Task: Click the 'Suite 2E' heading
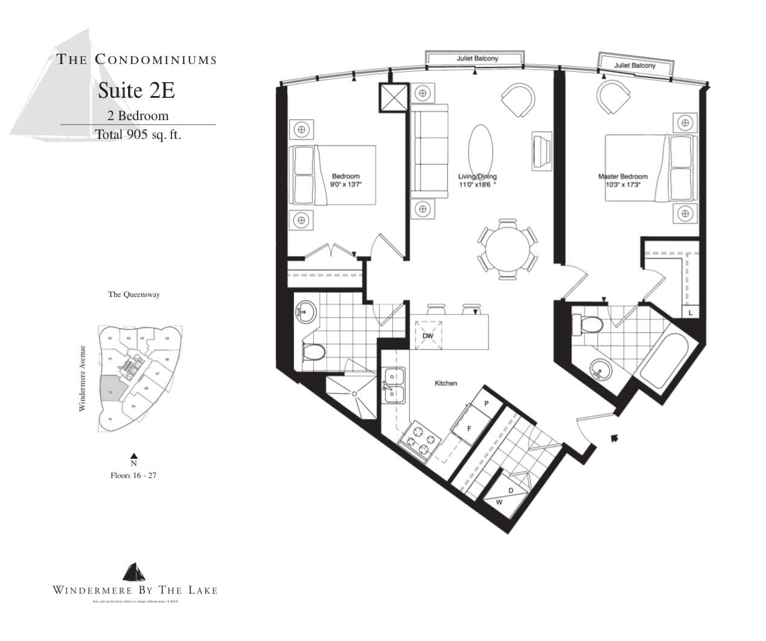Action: click(x=136, y=91)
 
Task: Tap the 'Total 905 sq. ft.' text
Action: click(x=138, y=135)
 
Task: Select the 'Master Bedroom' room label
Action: click(x=622, y=177)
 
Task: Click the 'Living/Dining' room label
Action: click(x=477, y=177)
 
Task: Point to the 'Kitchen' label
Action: click(x=445, y=383)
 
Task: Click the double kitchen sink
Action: click(x=393, y=386)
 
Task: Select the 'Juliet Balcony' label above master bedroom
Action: click(x=634, y=65)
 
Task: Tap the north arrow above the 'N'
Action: click(x=134, y=456)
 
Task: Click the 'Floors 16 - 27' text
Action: click(x=133, y=476)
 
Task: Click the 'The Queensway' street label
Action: click(x=134, y=295)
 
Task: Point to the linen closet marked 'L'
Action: click(x=690, y=311)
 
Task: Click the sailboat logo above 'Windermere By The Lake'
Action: click(x=134, y=572)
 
